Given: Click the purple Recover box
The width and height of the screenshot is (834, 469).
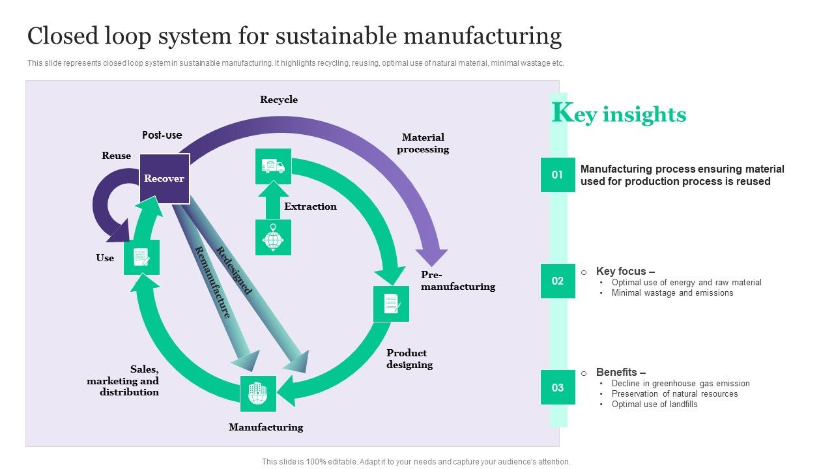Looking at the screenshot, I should point(164,178).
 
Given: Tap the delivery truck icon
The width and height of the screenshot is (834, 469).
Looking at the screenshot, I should point(273,166).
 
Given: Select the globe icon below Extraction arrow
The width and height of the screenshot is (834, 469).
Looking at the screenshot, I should point(273,238).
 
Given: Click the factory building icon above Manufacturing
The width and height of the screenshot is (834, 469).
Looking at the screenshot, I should point(258,393).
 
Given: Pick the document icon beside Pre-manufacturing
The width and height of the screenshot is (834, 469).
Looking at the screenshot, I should point(391,304).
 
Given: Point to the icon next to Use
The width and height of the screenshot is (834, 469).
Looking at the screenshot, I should point(141,257).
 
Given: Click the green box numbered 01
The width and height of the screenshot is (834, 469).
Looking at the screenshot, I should point(558,175).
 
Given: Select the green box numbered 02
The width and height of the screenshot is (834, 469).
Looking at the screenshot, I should point(558,281).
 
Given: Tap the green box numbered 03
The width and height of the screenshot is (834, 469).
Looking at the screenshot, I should point(558,388).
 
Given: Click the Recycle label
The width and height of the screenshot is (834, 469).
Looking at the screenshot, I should point(279,100).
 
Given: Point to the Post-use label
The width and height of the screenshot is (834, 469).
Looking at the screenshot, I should point(162,135).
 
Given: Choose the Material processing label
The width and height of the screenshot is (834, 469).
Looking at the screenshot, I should point(423,143).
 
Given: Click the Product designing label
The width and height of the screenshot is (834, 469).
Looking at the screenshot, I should point(409,359).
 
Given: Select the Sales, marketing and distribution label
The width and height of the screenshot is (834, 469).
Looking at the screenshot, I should point(123,381).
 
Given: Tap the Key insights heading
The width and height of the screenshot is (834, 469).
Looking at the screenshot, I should point(619,114).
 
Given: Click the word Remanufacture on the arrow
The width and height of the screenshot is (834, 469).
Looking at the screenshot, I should point(213,282).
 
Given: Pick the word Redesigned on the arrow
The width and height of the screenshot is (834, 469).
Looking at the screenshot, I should point(234,270).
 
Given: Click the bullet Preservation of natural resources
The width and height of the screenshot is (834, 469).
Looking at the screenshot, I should point(674,394).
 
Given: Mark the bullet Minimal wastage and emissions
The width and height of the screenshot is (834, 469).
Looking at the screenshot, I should point(672,293).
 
